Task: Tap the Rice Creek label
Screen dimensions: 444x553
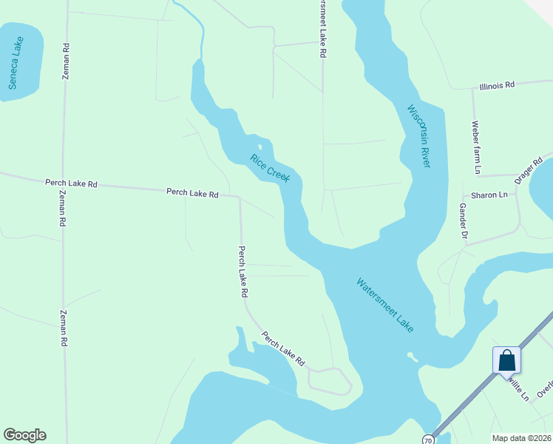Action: pos(270,168)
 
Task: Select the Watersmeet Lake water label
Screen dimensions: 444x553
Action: pos(385,304)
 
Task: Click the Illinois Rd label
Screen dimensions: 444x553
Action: pos(496,86)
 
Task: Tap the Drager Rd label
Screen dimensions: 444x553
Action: pos(529,170)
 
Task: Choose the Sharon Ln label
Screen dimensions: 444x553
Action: pos(494,195)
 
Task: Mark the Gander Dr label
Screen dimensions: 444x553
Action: pos(464,221)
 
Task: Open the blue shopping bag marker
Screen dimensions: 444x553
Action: pos(506,360)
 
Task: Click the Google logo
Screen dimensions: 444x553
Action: pos(24,435)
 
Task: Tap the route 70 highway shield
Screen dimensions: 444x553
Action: pos(428,440)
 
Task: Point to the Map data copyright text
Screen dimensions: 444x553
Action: pos(520,437)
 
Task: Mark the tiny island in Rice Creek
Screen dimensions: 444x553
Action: pos(259,146)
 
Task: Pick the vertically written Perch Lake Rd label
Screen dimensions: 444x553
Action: pos(242,272)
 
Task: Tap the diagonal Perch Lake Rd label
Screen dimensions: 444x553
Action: pos(283,349)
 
